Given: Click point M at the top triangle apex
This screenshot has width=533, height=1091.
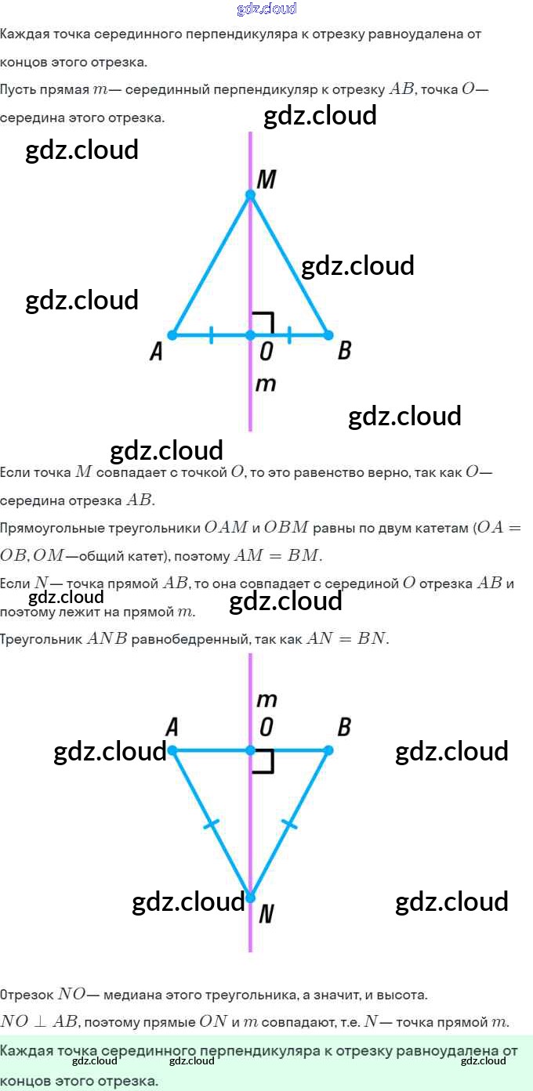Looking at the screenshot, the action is (250, 195).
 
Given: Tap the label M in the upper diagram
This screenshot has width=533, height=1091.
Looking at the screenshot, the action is (266, 180).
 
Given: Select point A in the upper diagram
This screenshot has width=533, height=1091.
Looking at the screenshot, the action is (172, 335).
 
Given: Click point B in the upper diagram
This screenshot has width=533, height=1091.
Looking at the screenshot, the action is (328, 335).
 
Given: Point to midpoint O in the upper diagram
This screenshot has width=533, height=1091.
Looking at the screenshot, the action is (250, 335).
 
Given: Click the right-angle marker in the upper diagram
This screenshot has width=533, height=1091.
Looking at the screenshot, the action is (264, 323).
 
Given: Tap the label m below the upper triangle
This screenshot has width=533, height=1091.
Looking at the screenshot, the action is (266, 385).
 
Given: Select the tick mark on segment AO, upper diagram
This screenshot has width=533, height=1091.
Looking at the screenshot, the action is (211, 335).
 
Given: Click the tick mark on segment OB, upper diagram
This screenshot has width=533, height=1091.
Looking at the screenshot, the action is (289, 335).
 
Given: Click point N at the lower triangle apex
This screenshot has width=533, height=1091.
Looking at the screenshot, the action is (250, 898).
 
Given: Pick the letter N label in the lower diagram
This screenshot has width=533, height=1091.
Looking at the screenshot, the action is (266, 913).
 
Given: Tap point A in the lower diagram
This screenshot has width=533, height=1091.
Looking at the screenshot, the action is (172, 750).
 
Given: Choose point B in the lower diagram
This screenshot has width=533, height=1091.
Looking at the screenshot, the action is (328, 750).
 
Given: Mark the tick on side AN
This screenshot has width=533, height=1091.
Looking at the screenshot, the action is (211, 824).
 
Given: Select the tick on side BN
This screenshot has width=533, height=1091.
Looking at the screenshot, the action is (289, 824).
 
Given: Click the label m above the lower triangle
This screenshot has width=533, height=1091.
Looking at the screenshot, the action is (266, 699).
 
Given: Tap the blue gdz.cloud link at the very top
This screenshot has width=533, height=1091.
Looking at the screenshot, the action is (266, 9).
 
